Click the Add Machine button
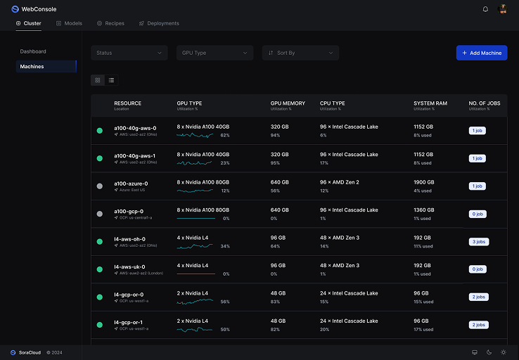click(x=481, y=53)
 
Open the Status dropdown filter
click(x=129, y=53)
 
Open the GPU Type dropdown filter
click(x=214, y=53)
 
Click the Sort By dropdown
click(x=300, y=53)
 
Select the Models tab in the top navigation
click(x=69, y=23)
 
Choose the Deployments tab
click(x=158, y=23)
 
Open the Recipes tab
click(x=110, y=23)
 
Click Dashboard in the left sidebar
click(x=33, y=51)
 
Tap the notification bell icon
click(x=485, y=9)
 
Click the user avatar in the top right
click(x=503, y=9)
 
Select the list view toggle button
click(x=111, y=80)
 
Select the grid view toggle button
click(x=98, y=80)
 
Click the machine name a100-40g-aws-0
click(x=135, y=128)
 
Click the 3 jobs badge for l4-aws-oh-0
click(x=478, y=241)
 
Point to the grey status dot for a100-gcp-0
click(x=99, y=214)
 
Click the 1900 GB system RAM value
click(x=423, y=182)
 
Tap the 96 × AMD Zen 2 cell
click(x=339, y=182)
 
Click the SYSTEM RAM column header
click(x=430, y=103)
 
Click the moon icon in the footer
click(x=489, y=352)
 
